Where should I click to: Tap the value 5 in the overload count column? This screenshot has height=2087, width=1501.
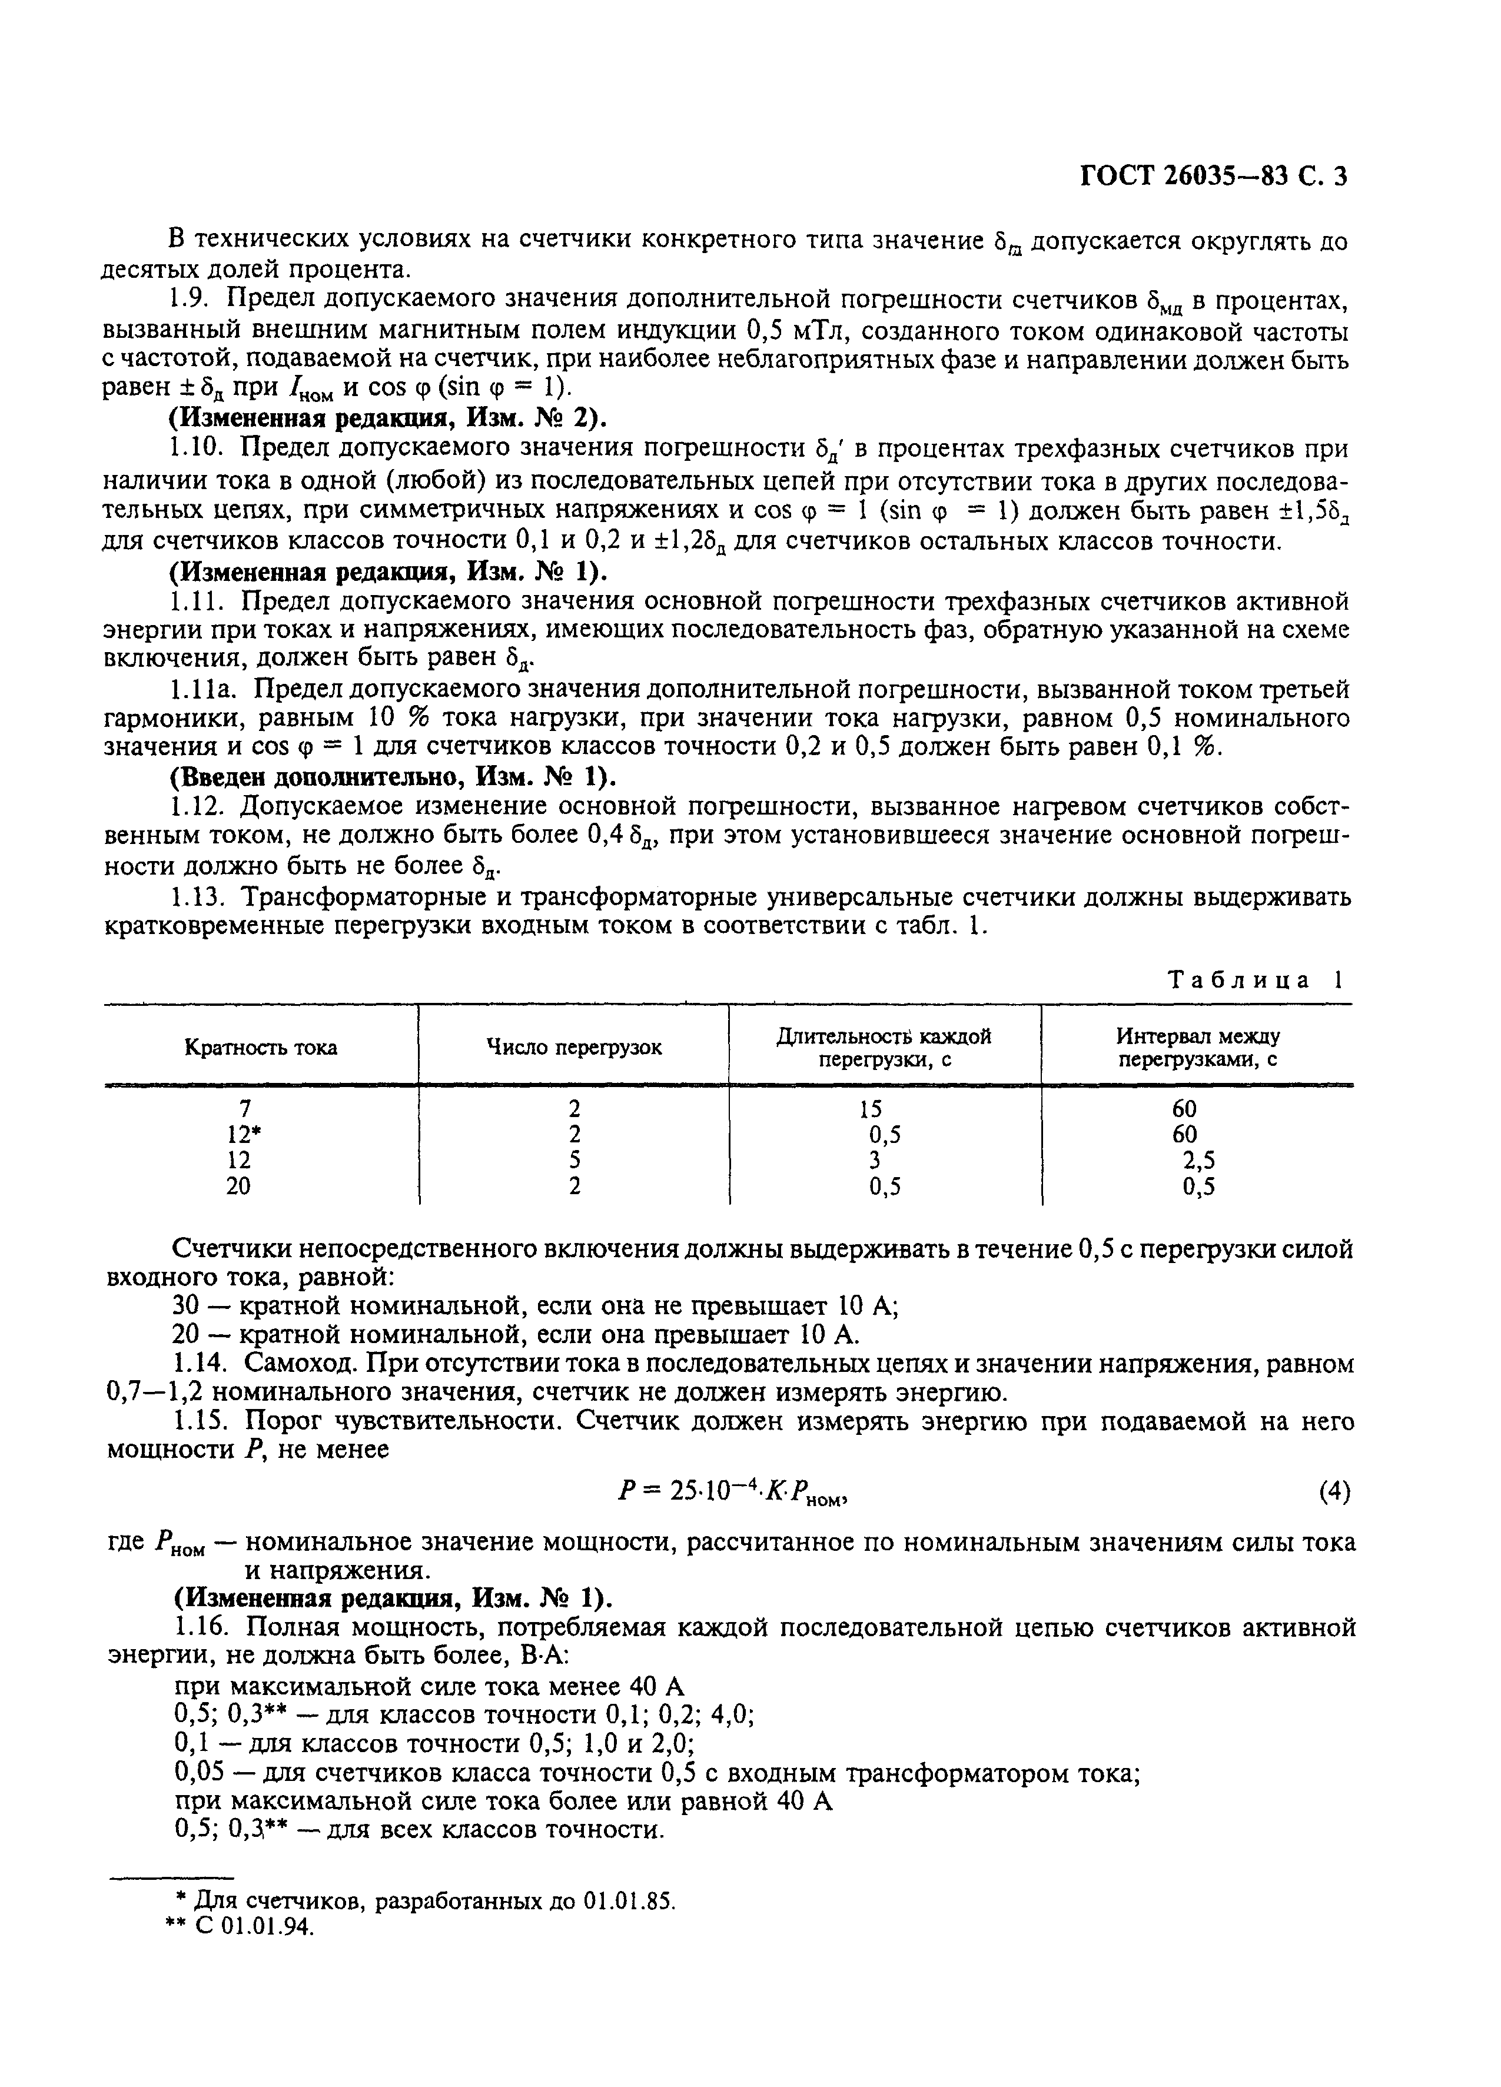pos(575,1161)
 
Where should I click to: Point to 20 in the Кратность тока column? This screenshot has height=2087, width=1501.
pos(238,1186)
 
